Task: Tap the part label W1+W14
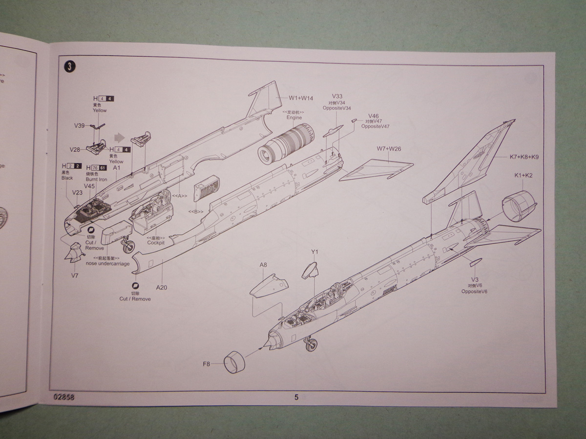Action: pos(301,98)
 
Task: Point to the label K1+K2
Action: pos(523,176)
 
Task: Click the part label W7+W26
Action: pos(389,149)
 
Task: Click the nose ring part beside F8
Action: pos(234,362)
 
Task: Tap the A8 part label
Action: pos(263,265)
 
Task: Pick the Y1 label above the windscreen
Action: pos(314,252)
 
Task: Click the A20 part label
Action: pos(162,287)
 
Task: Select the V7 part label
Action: pos(75,276)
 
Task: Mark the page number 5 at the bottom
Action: pos(296,397)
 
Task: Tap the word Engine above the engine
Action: pos(294,118)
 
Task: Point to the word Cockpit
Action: pos(156,242)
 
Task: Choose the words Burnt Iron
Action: pos(96,180)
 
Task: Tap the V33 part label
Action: pos(337,96)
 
